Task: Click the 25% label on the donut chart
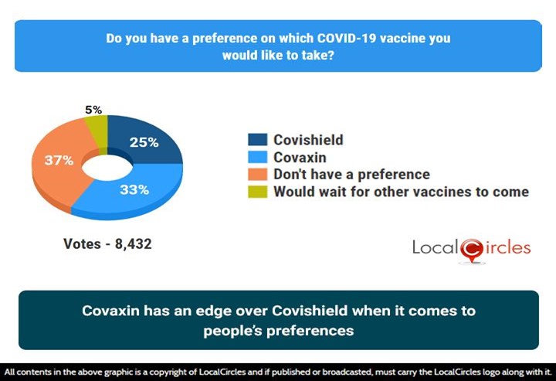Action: click(x=144, y=142)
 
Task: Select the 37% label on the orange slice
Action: click(x=58, y=161)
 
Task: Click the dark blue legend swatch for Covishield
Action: click(x=258, y=140)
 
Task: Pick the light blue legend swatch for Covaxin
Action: click(x=258, y=157)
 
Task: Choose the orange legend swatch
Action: click(x=258, y=174)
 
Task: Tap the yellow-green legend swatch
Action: click(x=258, y=191)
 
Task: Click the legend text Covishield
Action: click(x=308, y=140)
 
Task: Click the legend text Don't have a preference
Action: click(x=351, y=174)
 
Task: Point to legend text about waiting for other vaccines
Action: click(x=401, y=191)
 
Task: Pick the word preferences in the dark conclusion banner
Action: click(x=316, y=330)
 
